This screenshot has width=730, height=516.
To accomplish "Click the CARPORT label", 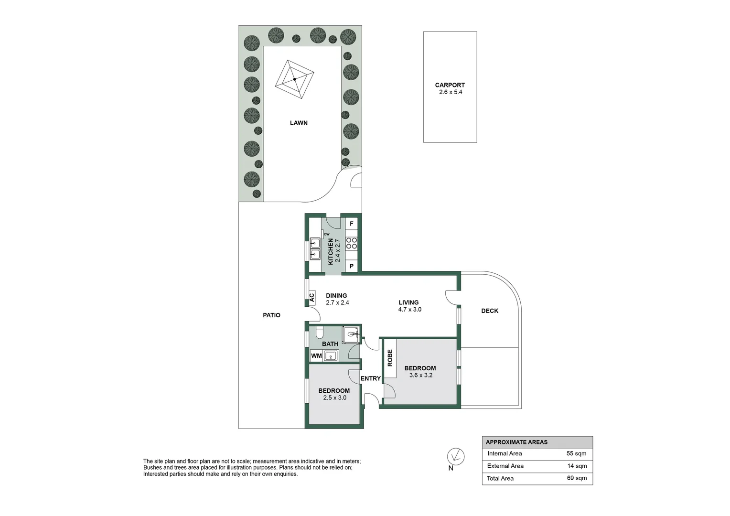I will pos(450,85).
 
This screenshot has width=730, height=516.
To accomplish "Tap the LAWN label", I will pos(299,123).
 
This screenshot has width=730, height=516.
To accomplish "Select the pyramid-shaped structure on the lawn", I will pos(295,79).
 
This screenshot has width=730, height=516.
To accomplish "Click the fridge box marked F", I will pos(352,224).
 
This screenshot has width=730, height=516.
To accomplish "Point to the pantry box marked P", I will pos(352,266).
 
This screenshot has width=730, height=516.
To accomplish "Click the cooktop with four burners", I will pos(352,243).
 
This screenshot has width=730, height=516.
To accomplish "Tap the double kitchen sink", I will pos(315,248).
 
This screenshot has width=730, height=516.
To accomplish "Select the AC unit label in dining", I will pos(311,298).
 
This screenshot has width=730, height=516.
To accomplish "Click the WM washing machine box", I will pos(316,356).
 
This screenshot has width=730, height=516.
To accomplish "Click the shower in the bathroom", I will pos(352,334).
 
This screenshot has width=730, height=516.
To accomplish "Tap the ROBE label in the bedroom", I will pos(390,358).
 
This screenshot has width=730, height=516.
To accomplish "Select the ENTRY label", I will pos(371,378).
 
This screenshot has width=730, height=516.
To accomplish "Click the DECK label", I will pos(490,311).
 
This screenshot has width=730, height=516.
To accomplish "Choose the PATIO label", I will pos(271,315).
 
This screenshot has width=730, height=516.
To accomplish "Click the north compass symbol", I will pos(456,456).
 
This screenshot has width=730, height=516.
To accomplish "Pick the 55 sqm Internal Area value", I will pos(576,453).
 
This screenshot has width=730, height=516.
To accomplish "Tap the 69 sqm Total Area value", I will pos(577,478).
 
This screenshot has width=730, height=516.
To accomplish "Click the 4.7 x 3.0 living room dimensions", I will pos(409,310).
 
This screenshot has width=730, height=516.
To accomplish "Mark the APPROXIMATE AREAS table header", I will pos(516,442).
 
